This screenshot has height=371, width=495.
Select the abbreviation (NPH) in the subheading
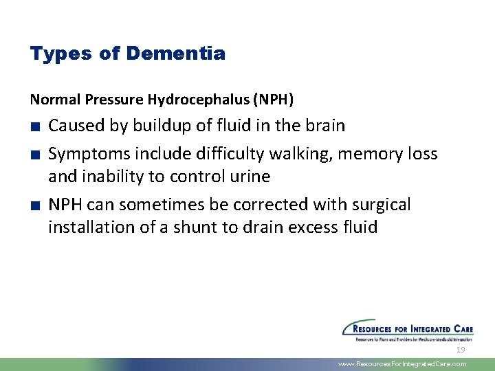[x=273, y=100]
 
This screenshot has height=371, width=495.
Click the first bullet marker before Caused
[x=34, y=126]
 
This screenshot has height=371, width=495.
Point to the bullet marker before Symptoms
[x=34, y=155]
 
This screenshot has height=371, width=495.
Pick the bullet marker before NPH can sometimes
[x=34, y=205]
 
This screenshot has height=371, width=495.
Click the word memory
[x=366, y=154]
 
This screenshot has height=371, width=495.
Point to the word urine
[x=248, y=177]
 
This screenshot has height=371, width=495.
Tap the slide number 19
[x=461, y=350]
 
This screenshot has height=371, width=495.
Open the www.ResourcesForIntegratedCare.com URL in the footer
[x=402, y=364]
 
